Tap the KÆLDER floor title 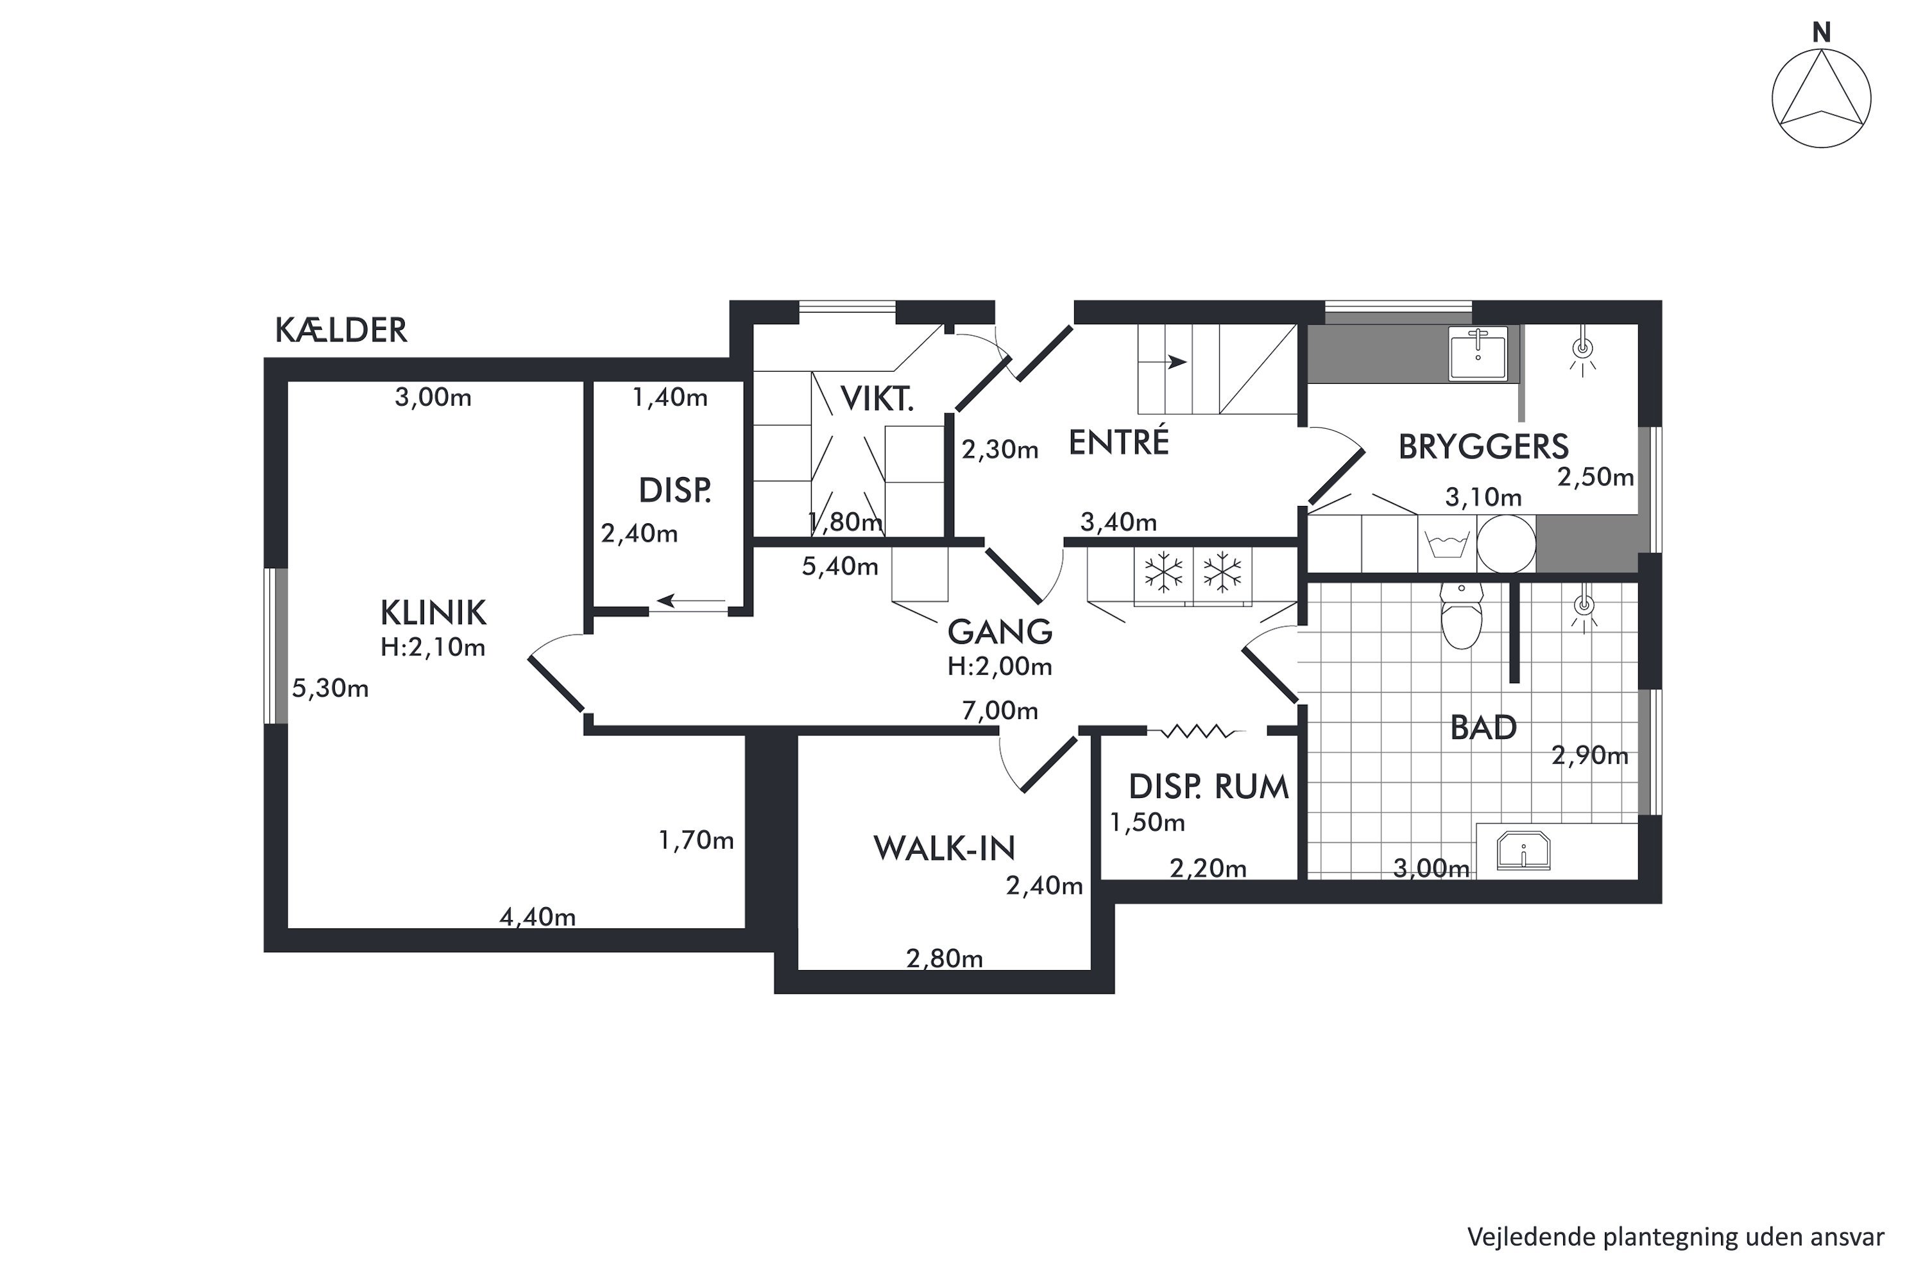[341, 330]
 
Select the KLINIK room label [433, 612]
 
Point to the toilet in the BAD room [1462, 616]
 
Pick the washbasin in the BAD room [1523, 849]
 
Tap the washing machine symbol [1446, 544]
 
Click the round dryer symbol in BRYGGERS [1506, 544]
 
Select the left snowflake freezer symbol [1163, 573]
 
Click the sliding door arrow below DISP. [692, 601]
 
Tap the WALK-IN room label [945, 848]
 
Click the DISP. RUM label [1208, 787]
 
